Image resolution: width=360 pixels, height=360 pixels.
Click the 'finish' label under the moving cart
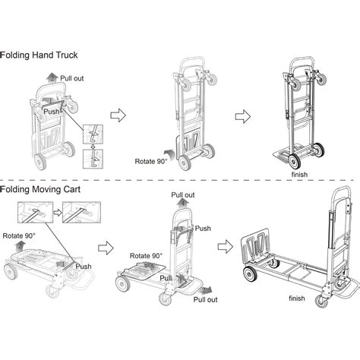point(295,298)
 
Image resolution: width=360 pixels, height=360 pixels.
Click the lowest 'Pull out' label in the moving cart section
point(205,300)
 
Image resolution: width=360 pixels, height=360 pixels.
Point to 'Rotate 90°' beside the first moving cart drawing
point(19,236)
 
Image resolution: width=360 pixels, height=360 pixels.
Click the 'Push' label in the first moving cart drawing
point(84,267)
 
